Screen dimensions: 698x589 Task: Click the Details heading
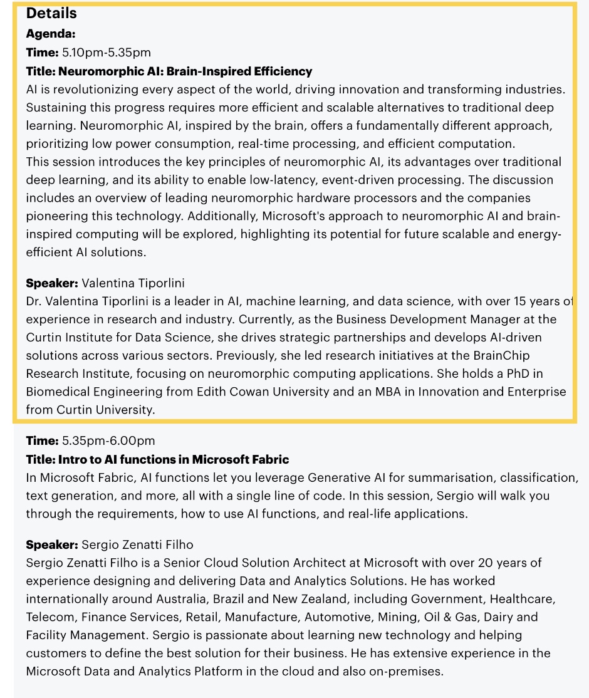51,13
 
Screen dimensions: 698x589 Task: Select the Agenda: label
51,34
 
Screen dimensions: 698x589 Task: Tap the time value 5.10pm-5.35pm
107,52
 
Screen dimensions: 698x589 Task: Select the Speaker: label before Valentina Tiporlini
52,283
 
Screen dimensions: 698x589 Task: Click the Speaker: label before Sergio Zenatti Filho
52,544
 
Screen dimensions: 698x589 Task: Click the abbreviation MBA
394,392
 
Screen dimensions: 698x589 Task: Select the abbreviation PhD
513,373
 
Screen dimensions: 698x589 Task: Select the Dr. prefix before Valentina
34,301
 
